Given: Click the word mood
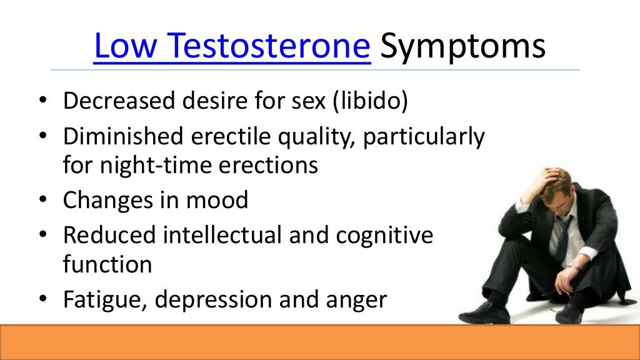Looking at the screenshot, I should click(x=219, y=201).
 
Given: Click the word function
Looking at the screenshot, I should click(x=107, y=264).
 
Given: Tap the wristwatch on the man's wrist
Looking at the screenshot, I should click(x=572, y=266).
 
